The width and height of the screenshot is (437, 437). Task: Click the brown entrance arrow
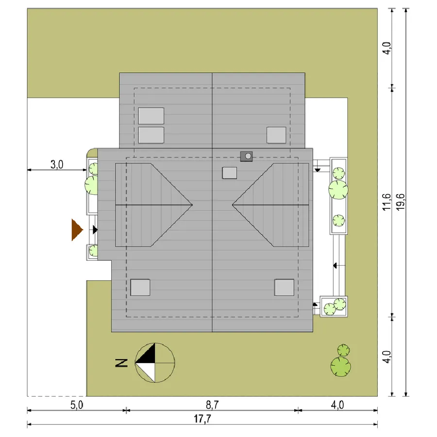[x=77, y=230]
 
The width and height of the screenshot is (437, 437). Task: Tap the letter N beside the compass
[x=121, y=363]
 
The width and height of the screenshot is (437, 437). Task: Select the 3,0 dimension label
[x=57, y=165]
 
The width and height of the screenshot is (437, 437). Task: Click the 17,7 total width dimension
[x=202, y=419]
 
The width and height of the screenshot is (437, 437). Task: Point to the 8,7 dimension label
[x=212, y=405]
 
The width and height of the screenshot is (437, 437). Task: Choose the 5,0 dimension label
[x=77, y=405]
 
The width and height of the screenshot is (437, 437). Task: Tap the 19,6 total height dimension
[x=401, y=202]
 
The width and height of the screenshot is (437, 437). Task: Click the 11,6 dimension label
[x=387, y=202]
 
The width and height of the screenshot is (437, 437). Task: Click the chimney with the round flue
[x=246, y=156]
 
